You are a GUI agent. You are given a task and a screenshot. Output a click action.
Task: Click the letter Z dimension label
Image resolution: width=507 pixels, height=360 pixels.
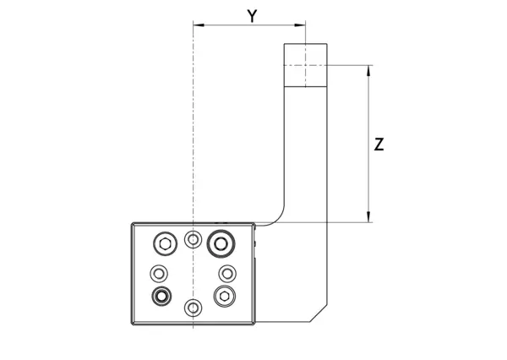point(379,145)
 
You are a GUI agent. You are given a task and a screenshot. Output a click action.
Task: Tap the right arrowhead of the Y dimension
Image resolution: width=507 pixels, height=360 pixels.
point(302,25)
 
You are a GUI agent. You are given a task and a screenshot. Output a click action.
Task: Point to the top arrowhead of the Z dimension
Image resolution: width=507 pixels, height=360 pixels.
point(369,68)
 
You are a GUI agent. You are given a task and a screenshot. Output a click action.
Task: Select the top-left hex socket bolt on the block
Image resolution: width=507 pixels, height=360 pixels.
point(164,245)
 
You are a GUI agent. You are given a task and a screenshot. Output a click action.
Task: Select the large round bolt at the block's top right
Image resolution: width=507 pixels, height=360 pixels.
point(221,244)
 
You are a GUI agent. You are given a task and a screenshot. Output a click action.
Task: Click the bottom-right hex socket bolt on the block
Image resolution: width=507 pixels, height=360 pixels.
point(225,295)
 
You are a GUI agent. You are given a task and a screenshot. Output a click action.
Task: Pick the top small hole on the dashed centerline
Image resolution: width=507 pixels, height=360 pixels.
point(194,241)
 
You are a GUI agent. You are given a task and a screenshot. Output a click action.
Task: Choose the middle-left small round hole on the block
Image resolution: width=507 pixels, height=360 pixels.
point(159,273)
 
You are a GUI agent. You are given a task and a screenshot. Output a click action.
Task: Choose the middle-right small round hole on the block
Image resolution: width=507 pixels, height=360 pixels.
point(226,273)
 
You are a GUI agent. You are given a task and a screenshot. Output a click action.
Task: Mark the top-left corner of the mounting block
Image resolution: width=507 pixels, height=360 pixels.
point(132,224)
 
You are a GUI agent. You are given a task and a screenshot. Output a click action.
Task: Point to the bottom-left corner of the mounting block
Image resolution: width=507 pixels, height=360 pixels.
point(132,325)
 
